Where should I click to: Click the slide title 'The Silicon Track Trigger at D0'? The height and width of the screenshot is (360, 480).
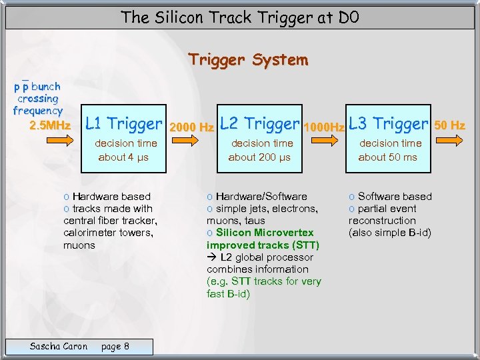(240, 18)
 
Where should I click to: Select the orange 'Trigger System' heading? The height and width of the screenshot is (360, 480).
(248, 60)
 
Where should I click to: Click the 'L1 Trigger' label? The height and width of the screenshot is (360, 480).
(124, 123)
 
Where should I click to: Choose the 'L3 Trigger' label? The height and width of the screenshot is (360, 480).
(387, 123)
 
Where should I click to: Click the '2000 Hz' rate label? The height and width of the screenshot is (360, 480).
(192, 126)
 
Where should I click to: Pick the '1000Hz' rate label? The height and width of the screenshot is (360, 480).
(323, 126)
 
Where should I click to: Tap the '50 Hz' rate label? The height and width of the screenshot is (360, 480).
(449, 125)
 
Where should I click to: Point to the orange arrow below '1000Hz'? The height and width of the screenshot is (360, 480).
(323, 141)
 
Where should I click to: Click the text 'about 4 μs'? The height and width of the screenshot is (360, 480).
(123, 157)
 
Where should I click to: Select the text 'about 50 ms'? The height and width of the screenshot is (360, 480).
(387, 157)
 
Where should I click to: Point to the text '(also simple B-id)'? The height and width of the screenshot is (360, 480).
(390, 233)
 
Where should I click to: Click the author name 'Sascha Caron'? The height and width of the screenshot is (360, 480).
(59, 346)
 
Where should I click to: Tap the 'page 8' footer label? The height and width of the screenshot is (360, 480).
(115, 346)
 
